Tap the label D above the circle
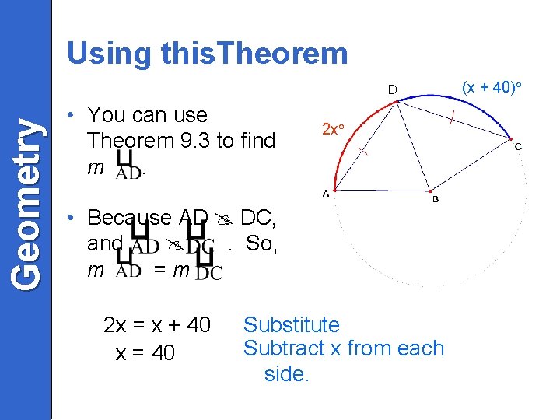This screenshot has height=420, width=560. coord(393,90)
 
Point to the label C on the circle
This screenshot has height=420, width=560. coord(518,147)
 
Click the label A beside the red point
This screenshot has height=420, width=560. coord(325,195)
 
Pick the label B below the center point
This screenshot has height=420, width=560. coord(436,200)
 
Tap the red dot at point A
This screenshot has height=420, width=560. coord(334,189)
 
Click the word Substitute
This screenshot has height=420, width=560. coord(292,324)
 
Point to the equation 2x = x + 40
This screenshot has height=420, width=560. coord(156,325)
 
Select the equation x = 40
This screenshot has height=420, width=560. coord(145,353)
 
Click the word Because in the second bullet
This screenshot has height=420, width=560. coord(129,217)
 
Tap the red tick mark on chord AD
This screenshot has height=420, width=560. coord(364,154)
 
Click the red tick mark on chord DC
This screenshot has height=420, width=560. coord(453,118)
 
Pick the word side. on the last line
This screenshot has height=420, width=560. coord(287,374)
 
